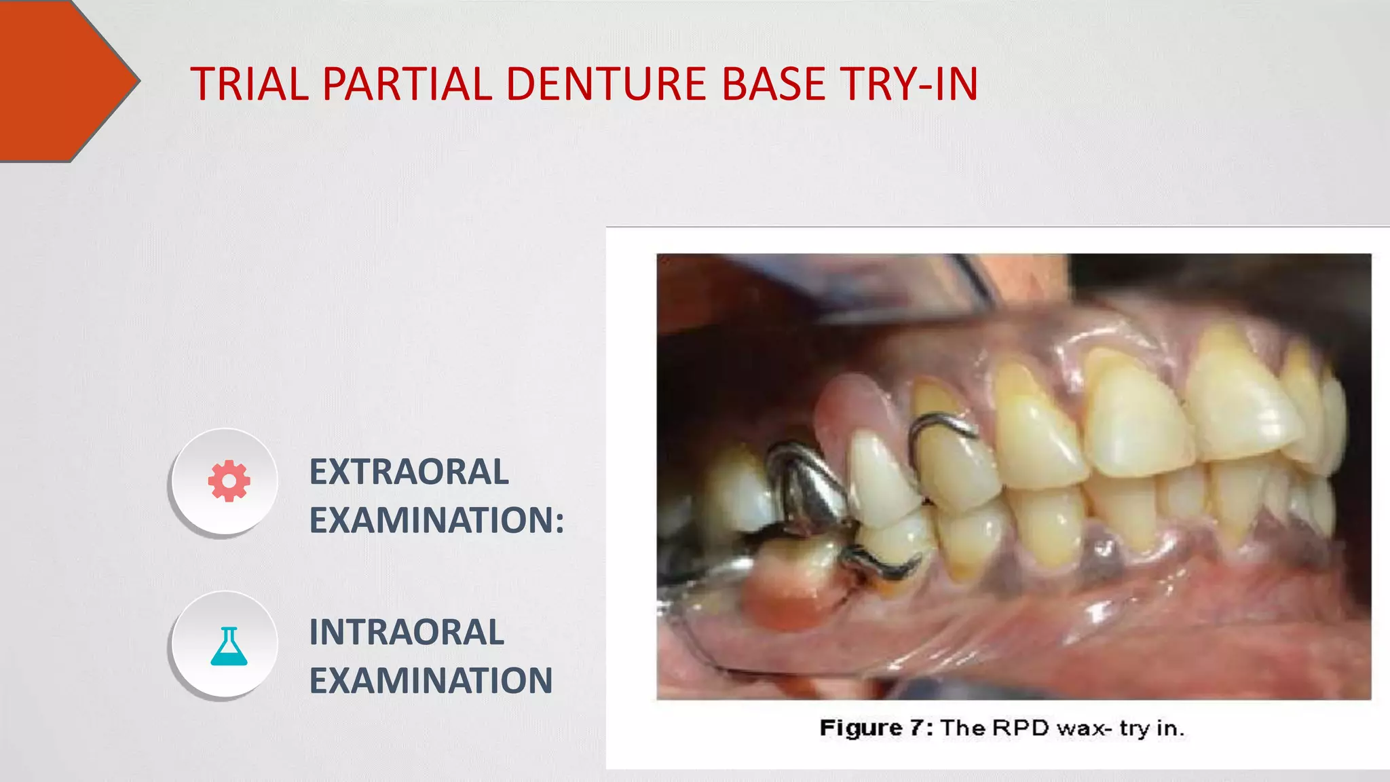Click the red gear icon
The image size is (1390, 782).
coord(229,481)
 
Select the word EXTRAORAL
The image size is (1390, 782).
coord(409,472)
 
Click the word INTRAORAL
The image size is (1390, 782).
coord(407,632)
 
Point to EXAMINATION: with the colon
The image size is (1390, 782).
coord(436,520)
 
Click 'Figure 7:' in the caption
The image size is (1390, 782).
coord(876,728)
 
